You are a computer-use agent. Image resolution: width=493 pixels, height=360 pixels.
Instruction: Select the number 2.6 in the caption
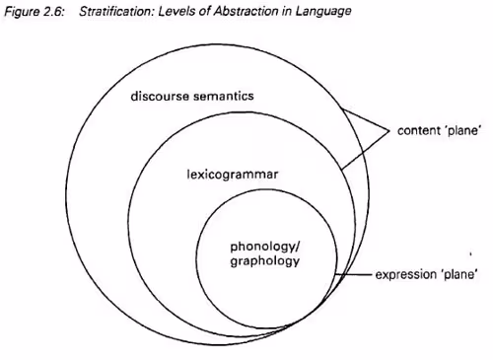[x=51, y=11]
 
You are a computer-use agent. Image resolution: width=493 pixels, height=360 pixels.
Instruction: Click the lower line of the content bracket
[x=366, y=149]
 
